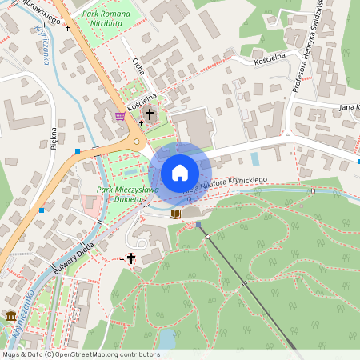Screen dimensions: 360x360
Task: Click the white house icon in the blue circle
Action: coord(179,173)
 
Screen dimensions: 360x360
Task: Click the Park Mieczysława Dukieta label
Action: coord(127,194)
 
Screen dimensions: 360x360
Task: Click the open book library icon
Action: coord(175,214)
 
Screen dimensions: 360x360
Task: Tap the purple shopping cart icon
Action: coord(120,116)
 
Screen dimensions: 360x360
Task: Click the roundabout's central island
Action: coord(138,142)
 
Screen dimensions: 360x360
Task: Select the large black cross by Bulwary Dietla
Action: coord(131,258)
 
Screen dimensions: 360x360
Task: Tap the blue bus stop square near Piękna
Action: coord(78,150)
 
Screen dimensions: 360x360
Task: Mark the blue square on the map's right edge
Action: coord(358,161)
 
